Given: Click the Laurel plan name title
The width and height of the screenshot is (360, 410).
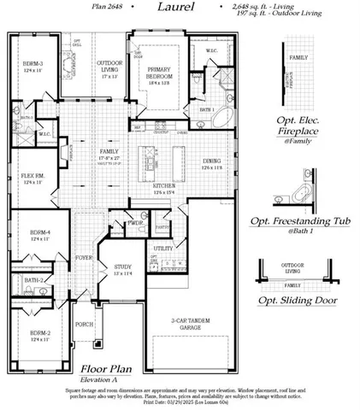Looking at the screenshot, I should coord(175,8).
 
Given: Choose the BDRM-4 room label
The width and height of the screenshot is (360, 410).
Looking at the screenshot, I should coord(38,233).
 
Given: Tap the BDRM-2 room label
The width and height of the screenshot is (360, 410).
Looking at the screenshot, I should coord(38,336).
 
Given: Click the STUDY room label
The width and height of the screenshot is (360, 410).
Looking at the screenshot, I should coord(122,268).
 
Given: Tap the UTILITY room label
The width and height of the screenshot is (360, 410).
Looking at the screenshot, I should coord(163,248).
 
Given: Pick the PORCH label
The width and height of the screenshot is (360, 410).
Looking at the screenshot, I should coord(84,325).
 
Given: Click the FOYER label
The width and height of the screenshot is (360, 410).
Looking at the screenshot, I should coord(84,256).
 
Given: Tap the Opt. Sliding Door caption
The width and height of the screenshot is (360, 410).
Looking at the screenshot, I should coord(297,301).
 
